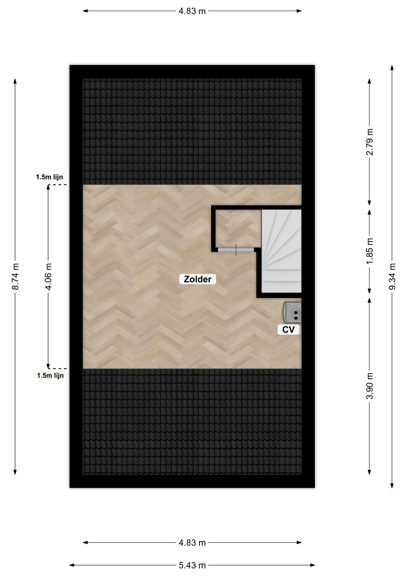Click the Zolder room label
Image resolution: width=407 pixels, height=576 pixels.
[x=198, y=279]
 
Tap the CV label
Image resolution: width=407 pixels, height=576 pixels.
[x=288, y=329]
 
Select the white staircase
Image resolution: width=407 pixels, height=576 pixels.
[x=281, y=251]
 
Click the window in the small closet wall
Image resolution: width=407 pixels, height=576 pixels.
[x=236, y=250]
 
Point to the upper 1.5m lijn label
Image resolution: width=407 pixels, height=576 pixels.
[x=49, y=177]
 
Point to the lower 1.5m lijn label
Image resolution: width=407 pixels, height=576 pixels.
[x=50, y=375]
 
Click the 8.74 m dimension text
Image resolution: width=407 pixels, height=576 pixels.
[x=15, y=277]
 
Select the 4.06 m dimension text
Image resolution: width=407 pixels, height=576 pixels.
[x=48, y=276]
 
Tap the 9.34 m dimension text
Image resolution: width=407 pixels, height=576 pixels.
[x=392, y=276]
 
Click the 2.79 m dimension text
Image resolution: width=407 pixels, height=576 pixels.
[x=370, y=142]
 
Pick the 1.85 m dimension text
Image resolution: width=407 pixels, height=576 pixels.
[x=370, y=251]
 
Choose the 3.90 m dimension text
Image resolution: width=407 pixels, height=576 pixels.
[x=370, y=386]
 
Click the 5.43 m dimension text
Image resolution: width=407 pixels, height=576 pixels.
[x=192, y=565]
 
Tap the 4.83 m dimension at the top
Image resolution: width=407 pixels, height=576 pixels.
[x=192, y=11]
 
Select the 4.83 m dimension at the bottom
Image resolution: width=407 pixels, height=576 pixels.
[x=192, y=543]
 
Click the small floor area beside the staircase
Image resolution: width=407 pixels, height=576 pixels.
[x=237, y=228]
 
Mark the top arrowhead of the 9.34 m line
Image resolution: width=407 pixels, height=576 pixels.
[x=392, y=67]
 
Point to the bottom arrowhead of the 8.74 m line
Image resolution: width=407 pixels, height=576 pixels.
[x=15, y=472]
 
